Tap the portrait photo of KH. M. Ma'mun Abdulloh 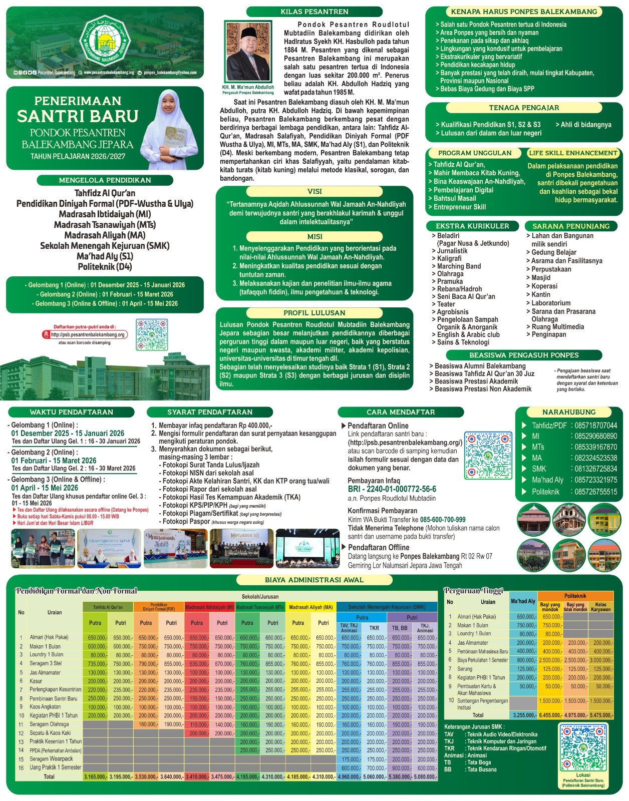coord(247,52)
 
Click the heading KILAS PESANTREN coord(314,12)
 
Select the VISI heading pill coord(314,192)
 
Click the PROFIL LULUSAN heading coord(314,313)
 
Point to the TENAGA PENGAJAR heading coord(524,108)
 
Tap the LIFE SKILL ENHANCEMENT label coord(573,153)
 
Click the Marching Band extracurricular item coord(459,266)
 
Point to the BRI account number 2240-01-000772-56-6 coord(392,489)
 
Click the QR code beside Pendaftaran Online coord(488,455)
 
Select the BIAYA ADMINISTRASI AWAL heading coord(314,580)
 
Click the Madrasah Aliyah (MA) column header coord(310,607)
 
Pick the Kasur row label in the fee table coord(36,681)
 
